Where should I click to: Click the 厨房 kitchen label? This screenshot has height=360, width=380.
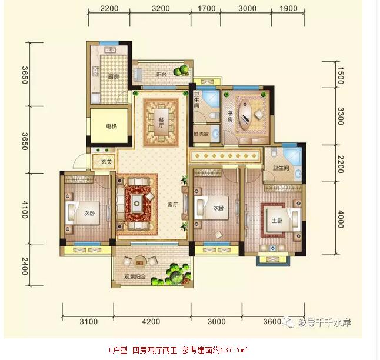tap(114, 77)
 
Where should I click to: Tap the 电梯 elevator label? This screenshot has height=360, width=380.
tap(112, 126)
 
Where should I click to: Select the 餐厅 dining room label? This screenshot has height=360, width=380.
tap(161, 122)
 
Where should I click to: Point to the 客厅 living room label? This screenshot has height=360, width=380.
tap(172, 205)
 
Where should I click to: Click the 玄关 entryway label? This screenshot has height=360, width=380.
tap(106, 162)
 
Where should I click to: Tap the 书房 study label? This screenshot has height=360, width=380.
tap(230, 116)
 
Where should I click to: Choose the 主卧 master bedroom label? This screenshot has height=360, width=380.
tap(276, 221)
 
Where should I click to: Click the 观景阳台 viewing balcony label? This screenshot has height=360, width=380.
tap(135, 276)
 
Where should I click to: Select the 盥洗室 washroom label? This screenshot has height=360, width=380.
tap(201, 134)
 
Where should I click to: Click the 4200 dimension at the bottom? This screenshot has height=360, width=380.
tap(151, 321)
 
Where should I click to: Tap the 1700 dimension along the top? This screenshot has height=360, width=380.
tap(206, 8)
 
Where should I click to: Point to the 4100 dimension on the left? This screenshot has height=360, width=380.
tap(25, 209)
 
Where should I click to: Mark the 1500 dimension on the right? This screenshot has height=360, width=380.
tap(341, 76)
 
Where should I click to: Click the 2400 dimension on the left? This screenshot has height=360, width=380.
tap(25, 266)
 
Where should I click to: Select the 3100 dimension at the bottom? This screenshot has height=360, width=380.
tap(89, 321)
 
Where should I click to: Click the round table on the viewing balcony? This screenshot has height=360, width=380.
tap(139, 263)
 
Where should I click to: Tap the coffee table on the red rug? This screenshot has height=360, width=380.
tap(137, 203)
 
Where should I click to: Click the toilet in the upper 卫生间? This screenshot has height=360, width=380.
tap(214, 116)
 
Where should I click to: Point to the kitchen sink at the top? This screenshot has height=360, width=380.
tap(110, 50)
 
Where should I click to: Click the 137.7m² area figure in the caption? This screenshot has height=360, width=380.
tap(234, 350)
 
